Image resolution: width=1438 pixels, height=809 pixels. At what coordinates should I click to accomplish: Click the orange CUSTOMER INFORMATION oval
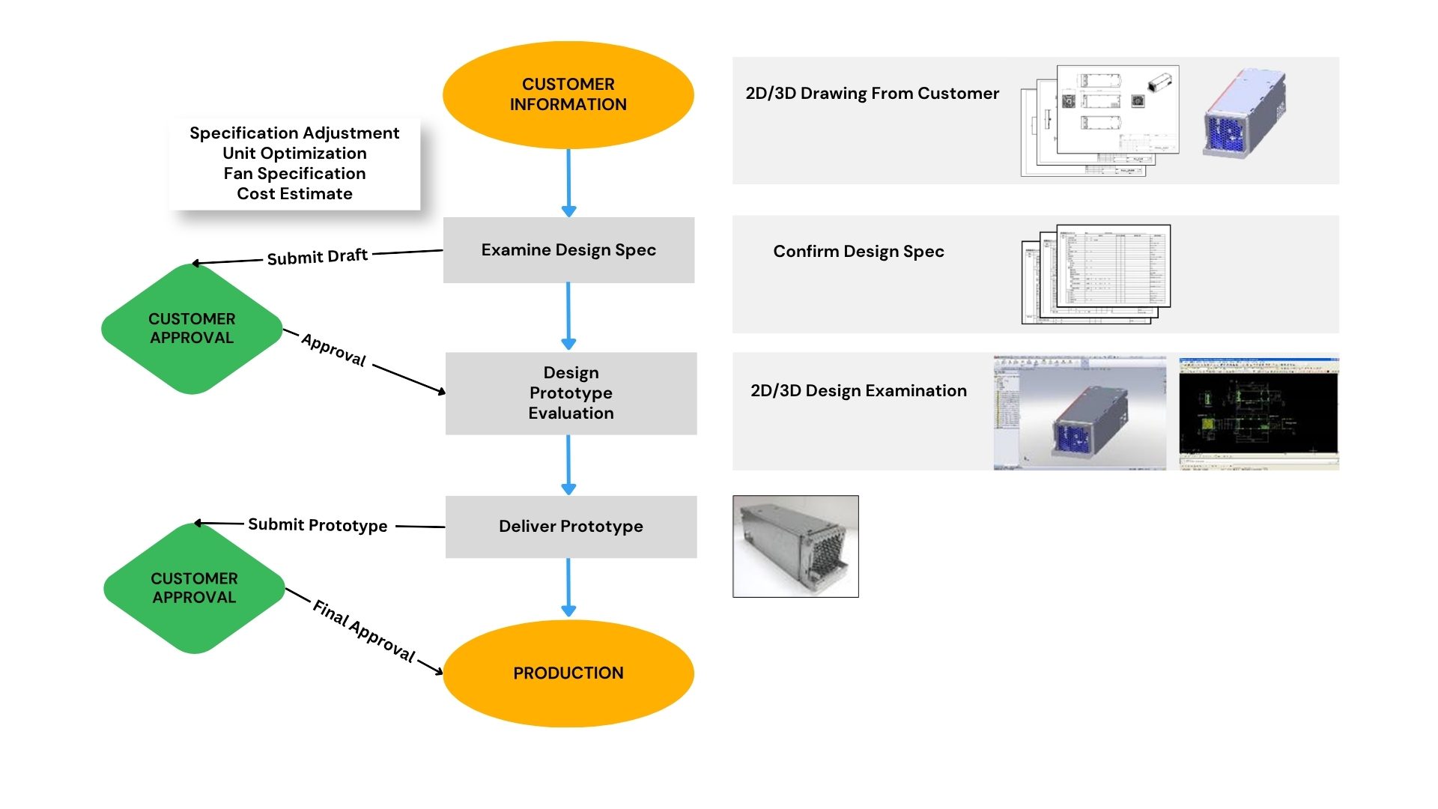(x=568, y=95)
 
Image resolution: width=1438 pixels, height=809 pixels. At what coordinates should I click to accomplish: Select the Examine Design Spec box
(x=568, y=250)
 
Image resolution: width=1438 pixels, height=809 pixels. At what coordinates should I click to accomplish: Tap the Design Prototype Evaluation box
(x=571, y=393)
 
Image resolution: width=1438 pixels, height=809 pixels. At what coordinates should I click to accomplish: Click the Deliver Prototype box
(x=571, y=527)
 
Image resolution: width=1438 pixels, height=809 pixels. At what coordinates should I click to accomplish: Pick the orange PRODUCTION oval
(x=568, y=673)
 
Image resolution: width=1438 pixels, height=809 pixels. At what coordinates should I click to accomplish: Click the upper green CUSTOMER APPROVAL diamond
(x=192, y=329)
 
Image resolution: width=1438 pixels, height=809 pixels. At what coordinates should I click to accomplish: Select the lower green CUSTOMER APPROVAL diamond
(x=194, y=588)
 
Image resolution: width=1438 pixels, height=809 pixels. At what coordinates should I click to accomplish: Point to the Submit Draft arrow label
(x=317, y=257)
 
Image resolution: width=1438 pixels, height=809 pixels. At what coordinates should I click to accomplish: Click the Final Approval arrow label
(x=363, y=631)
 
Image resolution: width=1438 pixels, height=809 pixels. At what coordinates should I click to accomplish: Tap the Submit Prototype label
(x=318, y=525)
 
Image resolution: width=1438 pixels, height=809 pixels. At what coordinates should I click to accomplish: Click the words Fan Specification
(x=294, y=174)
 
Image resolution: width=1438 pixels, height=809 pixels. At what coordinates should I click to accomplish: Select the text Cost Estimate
(x=294, y=194)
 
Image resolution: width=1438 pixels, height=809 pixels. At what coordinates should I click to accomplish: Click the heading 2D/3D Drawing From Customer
(x=872, y=94)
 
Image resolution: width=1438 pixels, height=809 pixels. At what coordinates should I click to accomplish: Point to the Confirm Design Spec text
(x=858, y=252)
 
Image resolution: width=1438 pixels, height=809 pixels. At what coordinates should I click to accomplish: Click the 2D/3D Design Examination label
(x=858, y=391)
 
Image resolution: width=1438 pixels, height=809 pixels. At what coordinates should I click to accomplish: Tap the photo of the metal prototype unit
(x=795, y=546)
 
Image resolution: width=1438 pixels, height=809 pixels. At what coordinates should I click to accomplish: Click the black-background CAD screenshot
(x=1258, y=413)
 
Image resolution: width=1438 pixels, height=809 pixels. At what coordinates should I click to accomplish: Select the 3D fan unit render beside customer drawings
(x=1244, y=114)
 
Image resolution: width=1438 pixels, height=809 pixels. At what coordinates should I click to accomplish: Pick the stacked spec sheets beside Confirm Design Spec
(x=1096, y=274)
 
